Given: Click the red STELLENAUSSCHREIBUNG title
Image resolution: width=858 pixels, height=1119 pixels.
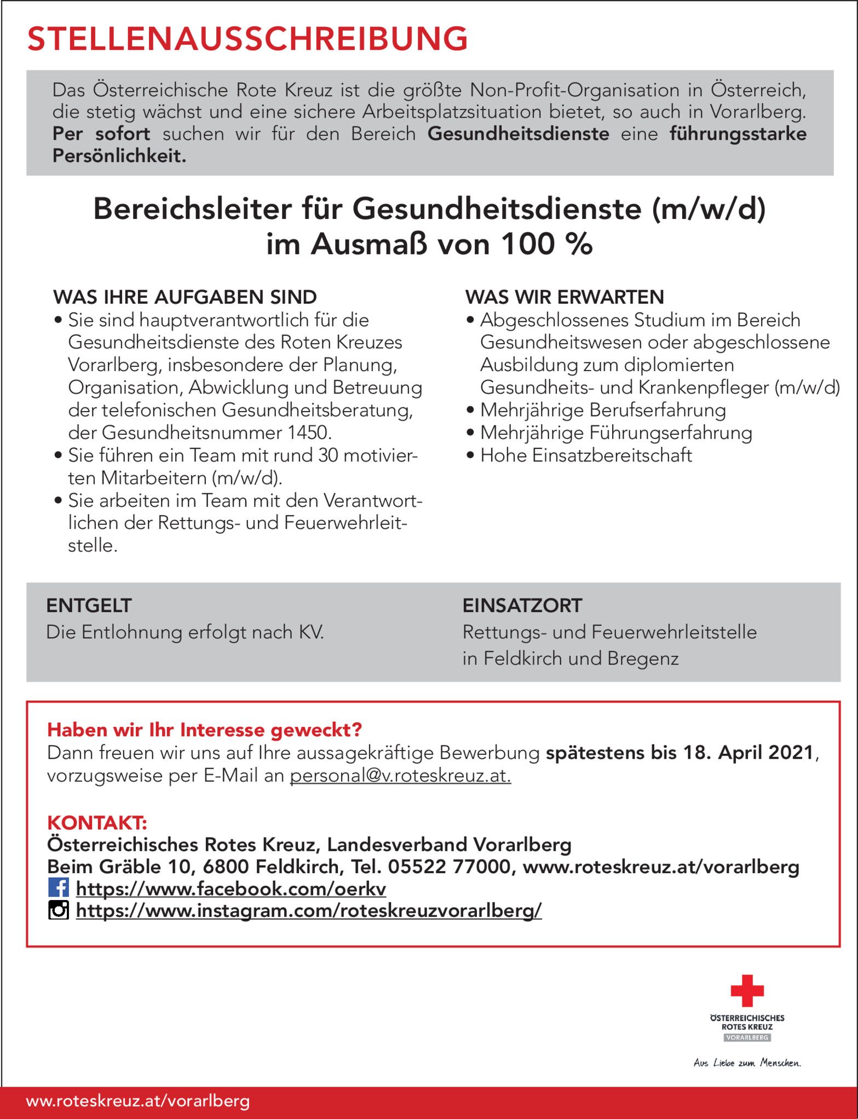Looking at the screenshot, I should pyautogui.click(x=247, y=39).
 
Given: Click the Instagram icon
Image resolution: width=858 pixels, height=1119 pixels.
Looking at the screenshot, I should pyautogui.click(x=59, y=910).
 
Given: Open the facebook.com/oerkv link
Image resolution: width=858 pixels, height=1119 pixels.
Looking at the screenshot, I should pyautogui.click(x=231, y=889).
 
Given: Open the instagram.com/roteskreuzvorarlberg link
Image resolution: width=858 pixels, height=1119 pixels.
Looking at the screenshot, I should pyautogui.click(x=309, y=910).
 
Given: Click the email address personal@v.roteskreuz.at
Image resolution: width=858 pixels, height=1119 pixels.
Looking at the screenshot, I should pyautogui.click(x=400, y=776).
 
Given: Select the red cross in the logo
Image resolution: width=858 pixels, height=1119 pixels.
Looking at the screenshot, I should pyautogui.click(x=746, y=990).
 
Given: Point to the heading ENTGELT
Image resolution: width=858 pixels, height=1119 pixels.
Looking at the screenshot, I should pyautogui.click(x=89, y=605).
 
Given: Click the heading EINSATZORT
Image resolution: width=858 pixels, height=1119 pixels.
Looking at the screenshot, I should pyautogui.click(x=522, y=605).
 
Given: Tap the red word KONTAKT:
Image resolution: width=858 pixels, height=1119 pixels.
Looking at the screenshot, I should pyautogui.click(x=97, y=822).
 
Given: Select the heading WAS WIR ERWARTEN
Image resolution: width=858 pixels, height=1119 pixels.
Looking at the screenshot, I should pyautogui.click(x=565, y=297).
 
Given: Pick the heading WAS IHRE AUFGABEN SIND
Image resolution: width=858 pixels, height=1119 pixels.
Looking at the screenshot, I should pyautogui.click(x=185, y=297).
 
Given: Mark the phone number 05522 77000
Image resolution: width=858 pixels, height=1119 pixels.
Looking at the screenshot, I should pyautogui.click(x=449, y=867).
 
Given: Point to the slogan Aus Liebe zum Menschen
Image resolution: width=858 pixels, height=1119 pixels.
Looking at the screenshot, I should pyautogui.click(x=747, y=1063).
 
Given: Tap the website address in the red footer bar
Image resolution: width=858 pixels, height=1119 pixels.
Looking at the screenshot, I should pyautogui.click(x=137, y=1101).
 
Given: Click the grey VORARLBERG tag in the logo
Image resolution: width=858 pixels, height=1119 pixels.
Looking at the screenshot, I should pyautogui.click(x=747, y=1037).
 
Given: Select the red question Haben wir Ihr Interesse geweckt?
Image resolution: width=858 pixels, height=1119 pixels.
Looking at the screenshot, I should pyautogui.click(x=205, y=730).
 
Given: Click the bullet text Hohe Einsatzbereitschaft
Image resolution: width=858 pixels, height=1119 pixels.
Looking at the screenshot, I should pyautogui.click(x=586, y=455).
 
